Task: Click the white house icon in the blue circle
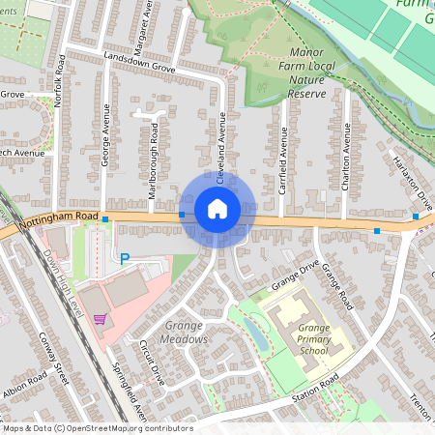(x=217, y=208)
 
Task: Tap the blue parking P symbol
(x=124, y=258)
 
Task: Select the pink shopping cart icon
(x=99, y=318)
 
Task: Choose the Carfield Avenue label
(x=283, y=160)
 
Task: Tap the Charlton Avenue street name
(x=344, y=156)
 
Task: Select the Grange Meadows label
(x=186, y=333)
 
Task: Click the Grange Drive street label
(x=295, y=276)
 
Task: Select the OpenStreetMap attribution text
(x=97, y=428)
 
